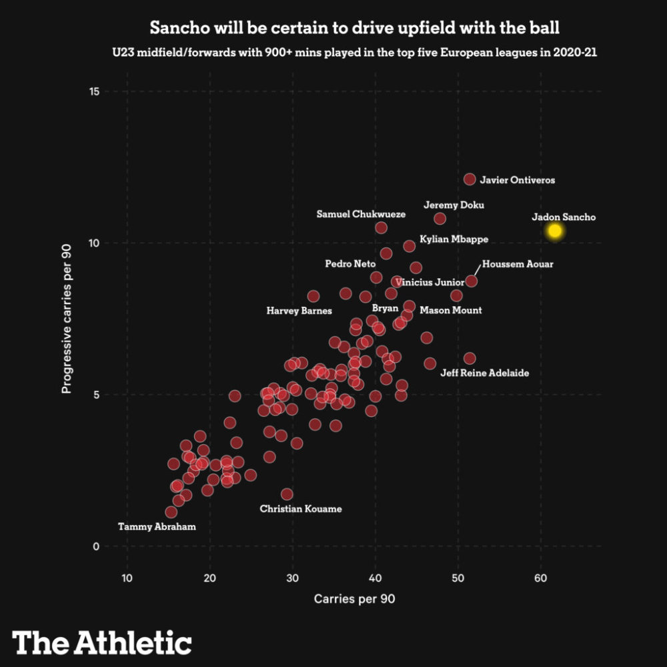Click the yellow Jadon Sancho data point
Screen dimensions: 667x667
coord(555,231)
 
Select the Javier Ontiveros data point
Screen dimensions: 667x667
coord(469,179)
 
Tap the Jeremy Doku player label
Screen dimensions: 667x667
coord(454,205)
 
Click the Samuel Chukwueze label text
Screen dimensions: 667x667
coord(361,214)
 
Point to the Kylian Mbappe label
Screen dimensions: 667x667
coord(454,239)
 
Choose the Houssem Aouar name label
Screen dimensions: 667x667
coord(518,264)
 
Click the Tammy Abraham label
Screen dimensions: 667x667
coord(157,527)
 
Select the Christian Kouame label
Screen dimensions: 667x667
coord(301,509)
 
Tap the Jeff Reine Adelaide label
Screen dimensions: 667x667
coord(484,373)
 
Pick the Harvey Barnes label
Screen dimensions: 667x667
coord(299,311)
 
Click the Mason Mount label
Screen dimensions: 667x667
coord(450,310)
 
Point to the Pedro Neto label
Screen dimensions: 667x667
coord(350,263)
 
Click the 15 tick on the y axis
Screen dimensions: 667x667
coord(94,91)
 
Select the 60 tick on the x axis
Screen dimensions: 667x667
coord(541,578)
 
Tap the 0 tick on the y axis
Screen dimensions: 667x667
coord(96,546)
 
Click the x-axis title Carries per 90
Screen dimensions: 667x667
coord(354,599)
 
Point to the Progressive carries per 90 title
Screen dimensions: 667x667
coord(66,319)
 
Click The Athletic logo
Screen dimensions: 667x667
coord(101,642)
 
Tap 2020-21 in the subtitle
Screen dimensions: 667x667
coord(575,52)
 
